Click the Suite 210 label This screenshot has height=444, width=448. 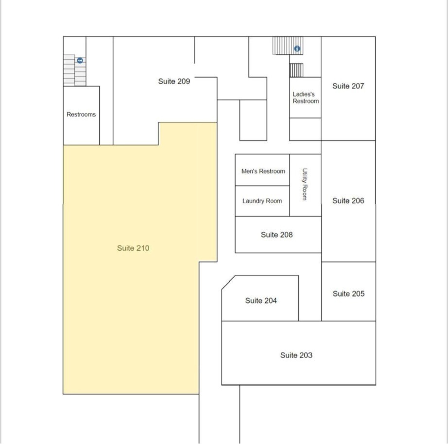133,248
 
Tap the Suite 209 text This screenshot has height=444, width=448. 174,81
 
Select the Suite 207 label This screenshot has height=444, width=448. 348,86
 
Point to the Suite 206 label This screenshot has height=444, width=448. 348,201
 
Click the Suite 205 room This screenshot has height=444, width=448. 348,291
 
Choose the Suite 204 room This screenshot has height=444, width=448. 260,298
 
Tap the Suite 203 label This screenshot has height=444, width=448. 296,355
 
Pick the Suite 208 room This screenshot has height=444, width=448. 278,235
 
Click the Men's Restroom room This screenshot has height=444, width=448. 262,170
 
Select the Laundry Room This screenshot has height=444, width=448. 262,201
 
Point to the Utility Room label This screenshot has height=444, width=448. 305,184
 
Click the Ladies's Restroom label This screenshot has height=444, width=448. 306,98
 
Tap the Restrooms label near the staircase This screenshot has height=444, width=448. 81,115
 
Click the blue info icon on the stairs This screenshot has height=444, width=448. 297,49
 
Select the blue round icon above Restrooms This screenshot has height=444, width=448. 80,60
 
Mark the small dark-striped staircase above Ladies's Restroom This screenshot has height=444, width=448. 296,70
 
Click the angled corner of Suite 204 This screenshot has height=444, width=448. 228,282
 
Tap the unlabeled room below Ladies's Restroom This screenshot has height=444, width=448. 305,129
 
